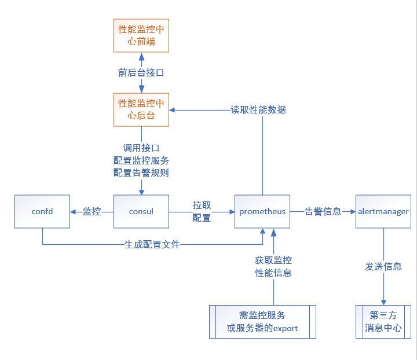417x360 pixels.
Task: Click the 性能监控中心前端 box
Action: [141, 35]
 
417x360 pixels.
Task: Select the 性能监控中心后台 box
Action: [141, 109]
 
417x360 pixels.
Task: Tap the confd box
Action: [42, 211]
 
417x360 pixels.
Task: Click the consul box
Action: [141, 211]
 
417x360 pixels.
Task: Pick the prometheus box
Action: [262, 211]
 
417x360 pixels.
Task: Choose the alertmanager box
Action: [383, 211]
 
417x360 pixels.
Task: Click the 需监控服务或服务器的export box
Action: [262, 322]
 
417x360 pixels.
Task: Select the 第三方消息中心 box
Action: [383, 322]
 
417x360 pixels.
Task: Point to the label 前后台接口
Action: [141, 73]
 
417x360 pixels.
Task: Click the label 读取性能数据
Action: [258, 109]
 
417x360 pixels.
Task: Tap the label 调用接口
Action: [141, 148]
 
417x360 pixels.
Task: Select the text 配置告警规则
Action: [141, 172]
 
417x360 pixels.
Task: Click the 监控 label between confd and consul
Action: [92, 211]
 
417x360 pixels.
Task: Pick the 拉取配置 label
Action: [202, 211]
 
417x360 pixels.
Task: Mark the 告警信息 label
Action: [323, 211]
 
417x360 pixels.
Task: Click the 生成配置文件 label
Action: [152, 245]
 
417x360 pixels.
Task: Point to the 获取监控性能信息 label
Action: [273, 266]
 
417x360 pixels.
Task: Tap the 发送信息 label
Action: [383, 266]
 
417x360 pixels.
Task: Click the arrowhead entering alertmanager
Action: [353, 211]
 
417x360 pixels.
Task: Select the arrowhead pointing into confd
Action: [74, 211]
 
